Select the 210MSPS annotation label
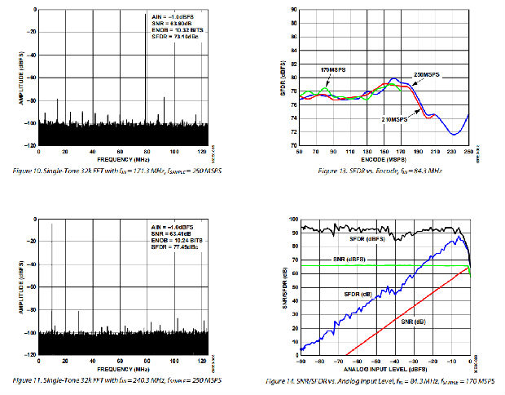click(394, 119)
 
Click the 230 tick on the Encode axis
click(451, 153)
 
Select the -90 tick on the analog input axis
click(302, 362)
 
